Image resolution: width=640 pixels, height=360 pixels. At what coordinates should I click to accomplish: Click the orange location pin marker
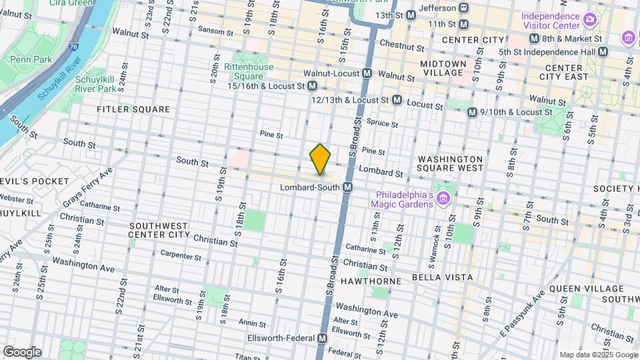pos(320,159)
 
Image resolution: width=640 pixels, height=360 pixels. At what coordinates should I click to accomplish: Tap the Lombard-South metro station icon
pos(347,189)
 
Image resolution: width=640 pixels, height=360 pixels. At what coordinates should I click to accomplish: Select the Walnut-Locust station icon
pos(367,73)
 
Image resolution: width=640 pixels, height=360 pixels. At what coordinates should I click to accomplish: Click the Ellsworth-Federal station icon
pos(323,339)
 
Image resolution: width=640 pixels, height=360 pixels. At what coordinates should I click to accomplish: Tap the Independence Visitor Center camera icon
pos(589,19)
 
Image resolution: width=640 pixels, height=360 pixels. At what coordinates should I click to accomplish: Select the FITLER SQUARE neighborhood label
pos(133,109)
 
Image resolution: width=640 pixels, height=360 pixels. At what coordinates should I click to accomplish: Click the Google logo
pos(21,351)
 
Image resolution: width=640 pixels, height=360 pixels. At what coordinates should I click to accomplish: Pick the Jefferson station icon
pos(464,8)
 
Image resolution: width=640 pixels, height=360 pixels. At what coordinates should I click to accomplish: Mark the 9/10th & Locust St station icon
pos(472,113)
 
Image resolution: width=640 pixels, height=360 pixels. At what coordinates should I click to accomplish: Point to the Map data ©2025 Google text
pos(597,355)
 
